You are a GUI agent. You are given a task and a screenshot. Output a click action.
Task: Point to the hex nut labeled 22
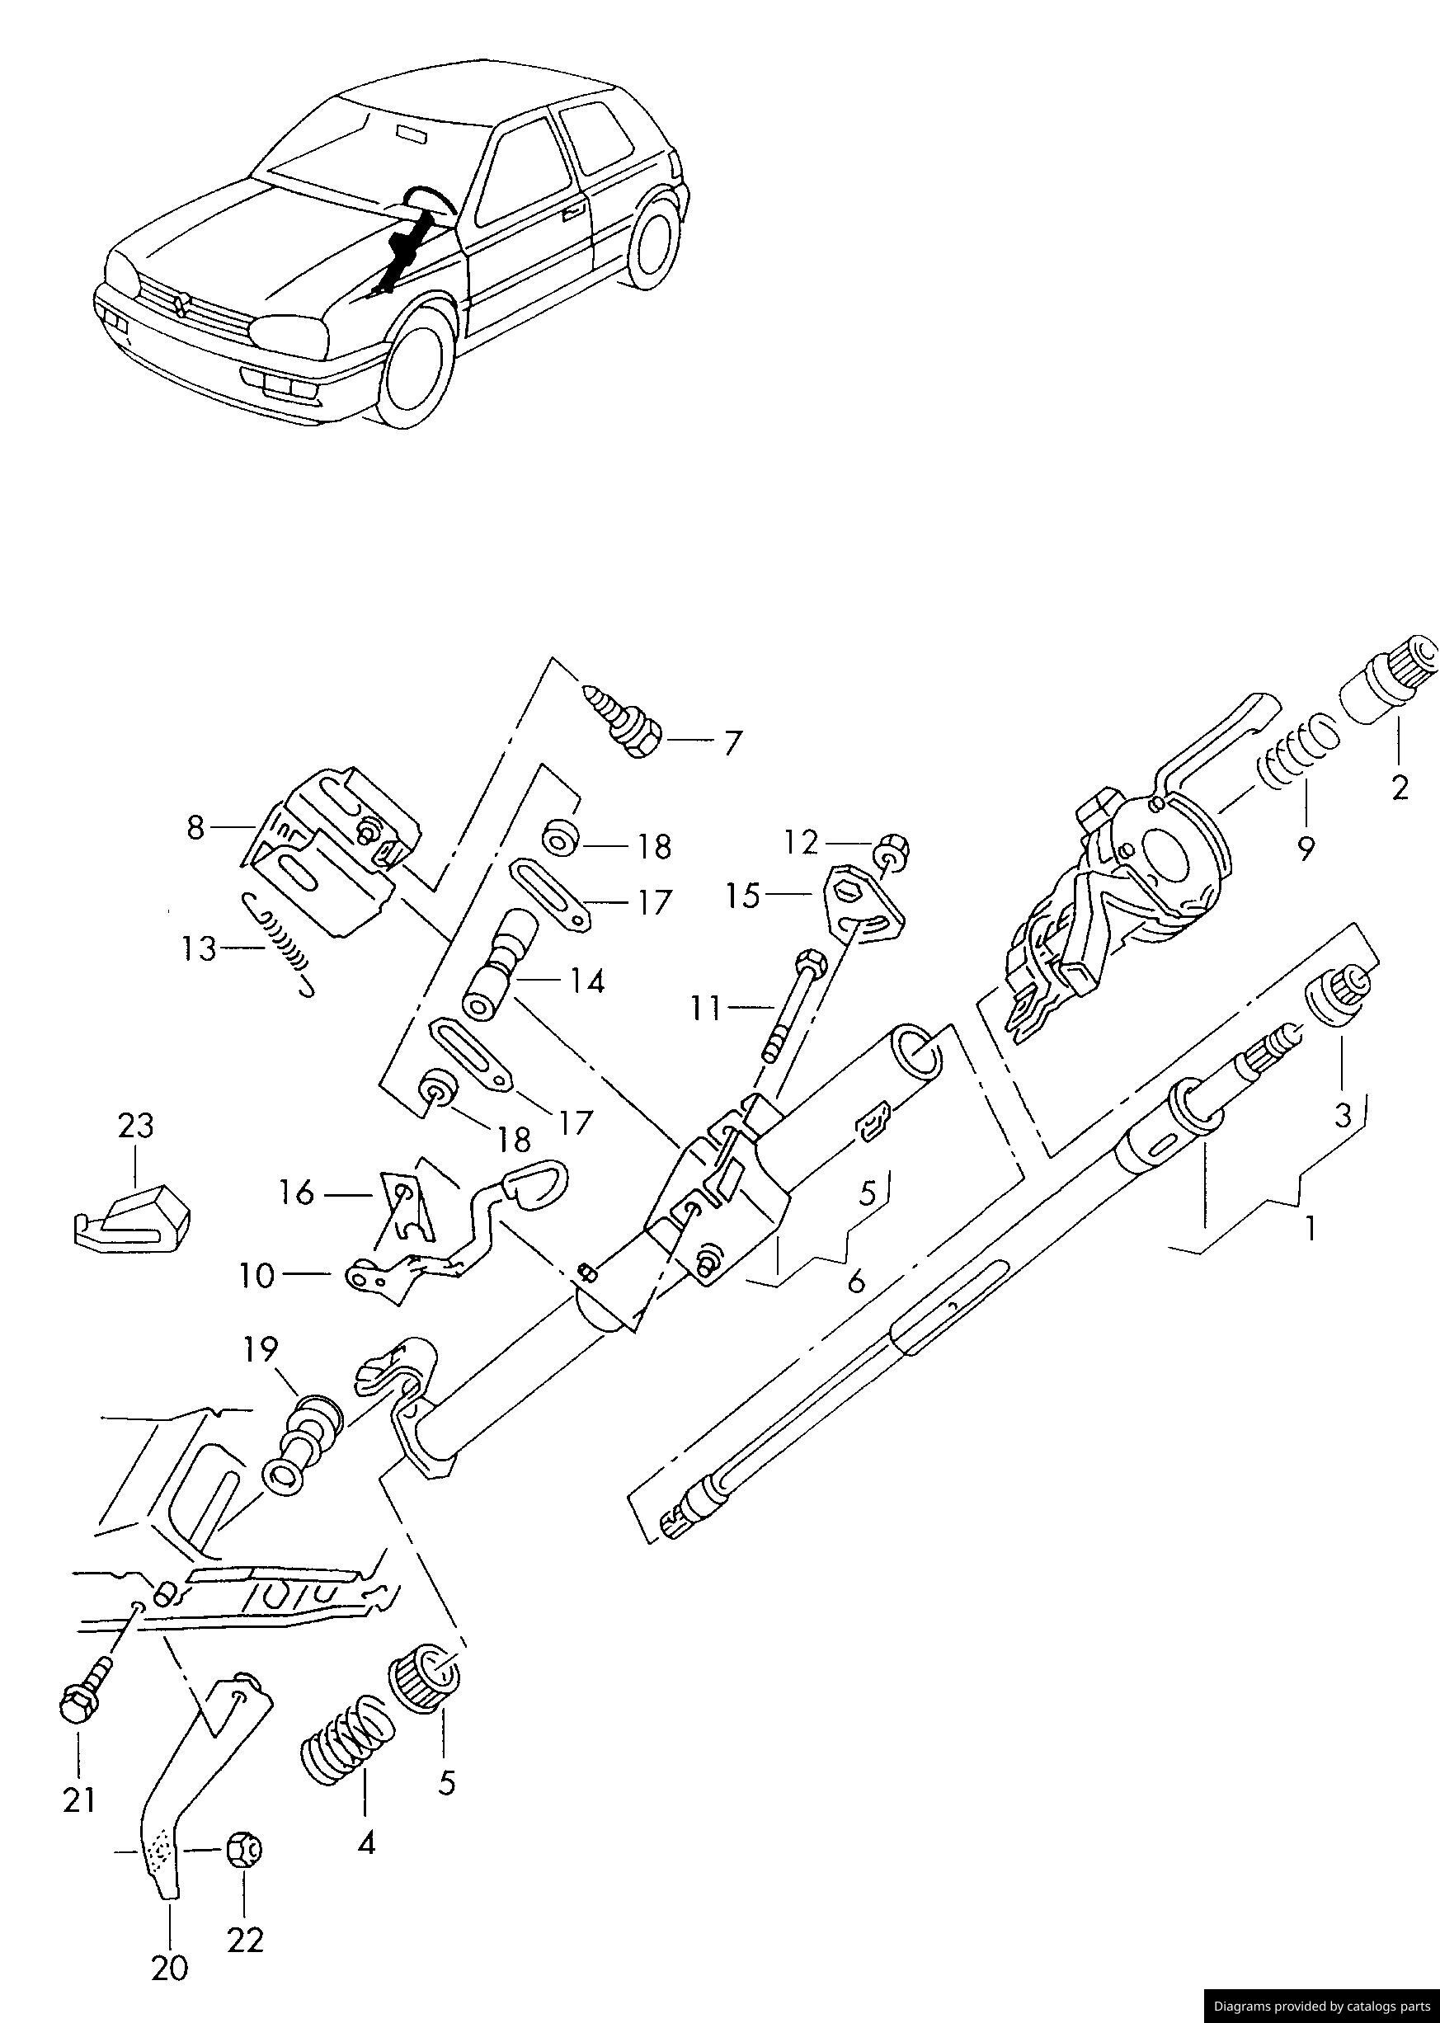click(x=243, y=1850)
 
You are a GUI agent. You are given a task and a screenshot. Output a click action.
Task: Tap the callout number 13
click(x=200, y=949)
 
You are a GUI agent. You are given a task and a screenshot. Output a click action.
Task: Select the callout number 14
click(x=587, y=981)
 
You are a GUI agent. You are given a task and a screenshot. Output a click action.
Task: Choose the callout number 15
click(x=743, y=896)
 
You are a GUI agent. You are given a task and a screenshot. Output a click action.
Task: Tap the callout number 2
click(x=1400, y=788)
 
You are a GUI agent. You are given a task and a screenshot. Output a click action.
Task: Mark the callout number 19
click(x=261, y=1350)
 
